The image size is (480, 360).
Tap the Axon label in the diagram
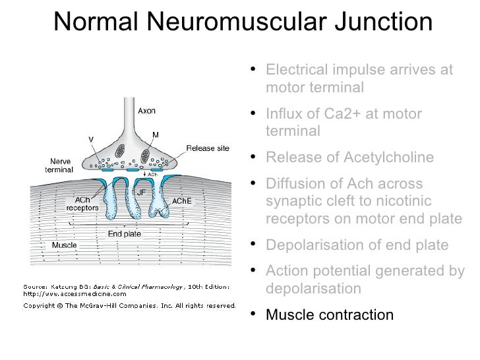146,111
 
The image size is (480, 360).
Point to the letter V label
92,138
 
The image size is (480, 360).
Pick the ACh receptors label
82,203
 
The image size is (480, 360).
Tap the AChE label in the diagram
181,201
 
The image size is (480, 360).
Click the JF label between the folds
140,192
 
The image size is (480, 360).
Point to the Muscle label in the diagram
63,245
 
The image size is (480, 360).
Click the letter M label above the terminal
156,135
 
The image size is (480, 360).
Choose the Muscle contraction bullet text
330,315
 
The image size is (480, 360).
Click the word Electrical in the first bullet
295,70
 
